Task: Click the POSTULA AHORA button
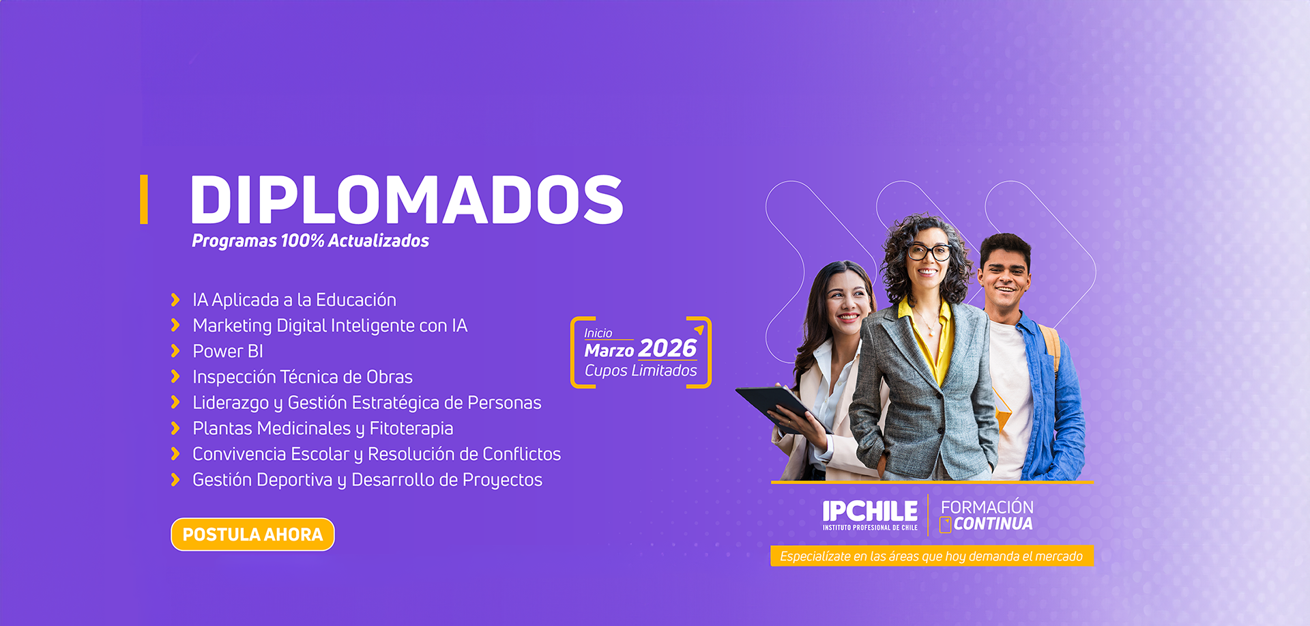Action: (252, 534)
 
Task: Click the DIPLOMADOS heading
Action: (407, 199)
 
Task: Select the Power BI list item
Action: (228, 351)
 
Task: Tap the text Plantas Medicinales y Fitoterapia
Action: (323, 429)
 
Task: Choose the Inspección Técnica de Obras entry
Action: (302, 377)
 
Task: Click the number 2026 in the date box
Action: (667, 349)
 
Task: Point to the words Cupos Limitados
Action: (641, 371)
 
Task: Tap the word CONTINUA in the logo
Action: (993, 524)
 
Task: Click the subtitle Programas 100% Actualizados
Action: (310, 241)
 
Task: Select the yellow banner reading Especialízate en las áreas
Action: (932, 556)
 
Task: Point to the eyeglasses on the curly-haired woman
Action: (929, 253)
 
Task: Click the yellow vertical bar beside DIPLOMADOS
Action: (144, 199)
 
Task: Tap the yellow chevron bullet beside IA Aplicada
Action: (175, 300)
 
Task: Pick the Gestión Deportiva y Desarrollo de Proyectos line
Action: (367, 480)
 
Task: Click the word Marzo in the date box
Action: (609, 351)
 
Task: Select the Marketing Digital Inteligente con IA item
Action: (330, 326)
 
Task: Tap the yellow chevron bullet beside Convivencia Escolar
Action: (175, 454)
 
